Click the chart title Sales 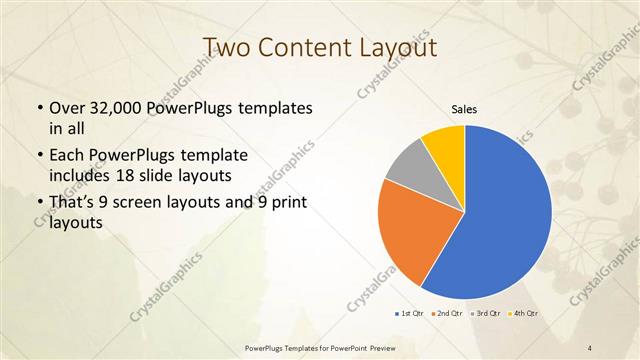point(465,109)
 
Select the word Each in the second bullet point(67,157)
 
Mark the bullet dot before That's point(39,206)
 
